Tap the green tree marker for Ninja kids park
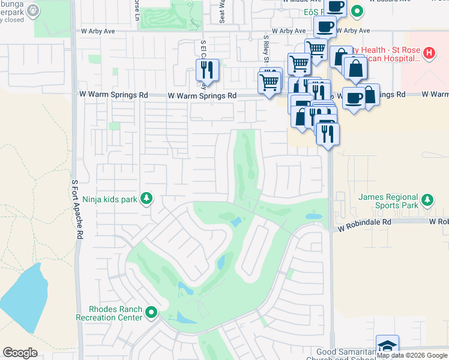[x=145, y=197]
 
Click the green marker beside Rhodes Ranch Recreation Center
[x=151, y=312]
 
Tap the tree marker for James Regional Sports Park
[x=427, y=199]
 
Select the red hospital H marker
[x=429, y=53]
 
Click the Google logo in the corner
[x=20, y=353]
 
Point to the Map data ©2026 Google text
[x=412, y=355]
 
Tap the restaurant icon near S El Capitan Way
[x=207, y=70]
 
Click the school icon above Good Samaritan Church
[x=387, y=346]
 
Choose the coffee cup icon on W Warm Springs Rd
[x=354, y=98]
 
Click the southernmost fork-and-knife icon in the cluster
[x=327, y=133]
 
